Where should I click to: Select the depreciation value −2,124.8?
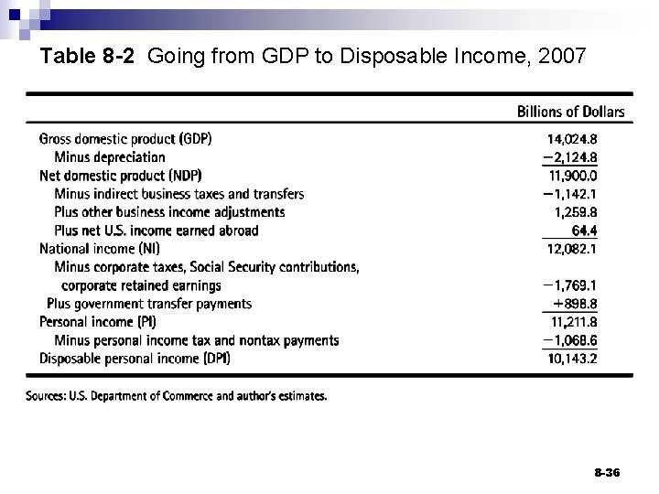pos(569,157)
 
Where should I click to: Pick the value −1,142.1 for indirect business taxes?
pos(569,194)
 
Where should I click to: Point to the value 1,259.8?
pos(576,212)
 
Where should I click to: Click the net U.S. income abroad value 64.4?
pos(583,231)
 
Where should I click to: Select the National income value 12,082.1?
pos(572,249)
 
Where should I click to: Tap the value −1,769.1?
pos(569,285)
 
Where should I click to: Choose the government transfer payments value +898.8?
pos(575,304)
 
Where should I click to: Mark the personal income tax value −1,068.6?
pos(569,340)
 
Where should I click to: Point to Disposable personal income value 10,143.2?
pos(572,359)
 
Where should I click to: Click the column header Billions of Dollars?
pos(571,113)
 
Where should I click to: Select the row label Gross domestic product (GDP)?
pos(125,139)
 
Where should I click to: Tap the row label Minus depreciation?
pos(110,157)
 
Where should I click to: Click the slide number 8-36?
pos(606,472)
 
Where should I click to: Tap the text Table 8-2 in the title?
pos(89,57)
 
